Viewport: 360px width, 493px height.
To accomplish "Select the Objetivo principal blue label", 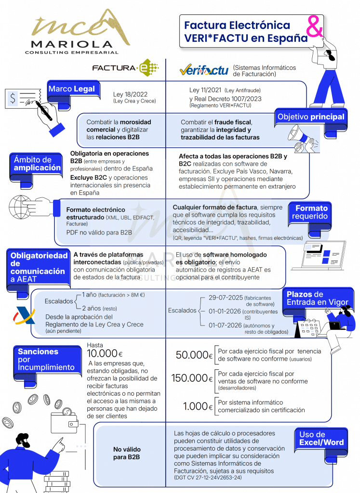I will pos(311,117).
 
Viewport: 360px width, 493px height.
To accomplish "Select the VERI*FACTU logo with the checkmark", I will pos(203,71).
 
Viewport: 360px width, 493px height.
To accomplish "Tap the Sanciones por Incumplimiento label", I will pos(46,360).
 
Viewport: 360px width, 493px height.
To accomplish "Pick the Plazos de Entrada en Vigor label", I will pos(317,298).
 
